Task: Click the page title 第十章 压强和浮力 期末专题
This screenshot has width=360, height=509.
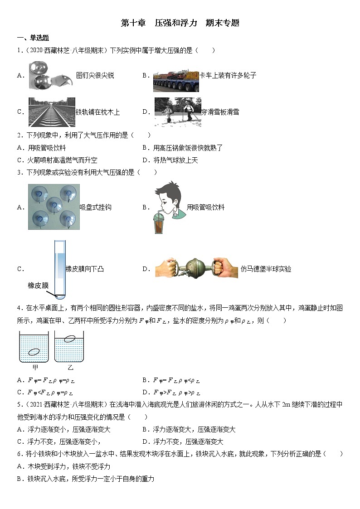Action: [x=180, y=23]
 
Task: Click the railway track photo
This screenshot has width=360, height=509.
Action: [x=51, y=112]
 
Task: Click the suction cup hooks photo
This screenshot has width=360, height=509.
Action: [x=53, y=207]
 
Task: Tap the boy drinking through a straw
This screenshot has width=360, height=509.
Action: [x=167, y=207]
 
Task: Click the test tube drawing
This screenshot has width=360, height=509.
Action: [x=60, y=268]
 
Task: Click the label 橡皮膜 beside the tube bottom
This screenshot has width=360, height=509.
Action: [x=38, y=285]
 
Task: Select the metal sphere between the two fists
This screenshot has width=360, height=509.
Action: [x=196, y=269]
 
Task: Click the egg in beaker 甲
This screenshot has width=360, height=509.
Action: [x=34, y=352]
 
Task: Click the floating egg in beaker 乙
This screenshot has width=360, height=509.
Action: [x=69, y=338]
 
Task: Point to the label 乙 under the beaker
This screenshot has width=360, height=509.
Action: [x=70, y=368]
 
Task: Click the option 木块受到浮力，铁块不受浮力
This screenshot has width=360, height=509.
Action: [x=68, y=466]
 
